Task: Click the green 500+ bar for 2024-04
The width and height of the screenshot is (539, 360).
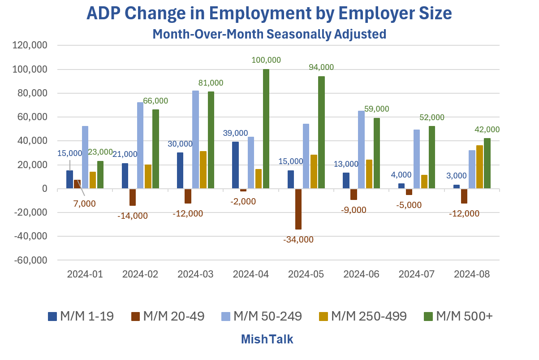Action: coord(266,129)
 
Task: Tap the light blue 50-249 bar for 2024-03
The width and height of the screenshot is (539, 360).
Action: coord(195,139)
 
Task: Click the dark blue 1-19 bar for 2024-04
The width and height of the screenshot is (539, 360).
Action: coord(236,165)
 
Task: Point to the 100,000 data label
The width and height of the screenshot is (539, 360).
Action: coord(266,60)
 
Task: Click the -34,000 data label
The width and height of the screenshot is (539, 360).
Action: coord(298,239)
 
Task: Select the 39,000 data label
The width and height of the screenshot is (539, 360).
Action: coord(235,133)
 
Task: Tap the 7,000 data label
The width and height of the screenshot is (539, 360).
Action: coord(85,204)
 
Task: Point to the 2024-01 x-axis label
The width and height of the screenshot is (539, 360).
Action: coord(85,274)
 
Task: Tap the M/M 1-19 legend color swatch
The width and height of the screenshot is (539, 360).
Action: coord(52,317)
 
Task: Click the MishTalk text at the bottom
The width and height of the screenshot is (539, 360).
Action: coord(267,339)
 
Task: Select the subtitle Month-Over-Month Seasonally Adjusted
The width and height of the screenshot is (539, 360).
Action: coord(269,34)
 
